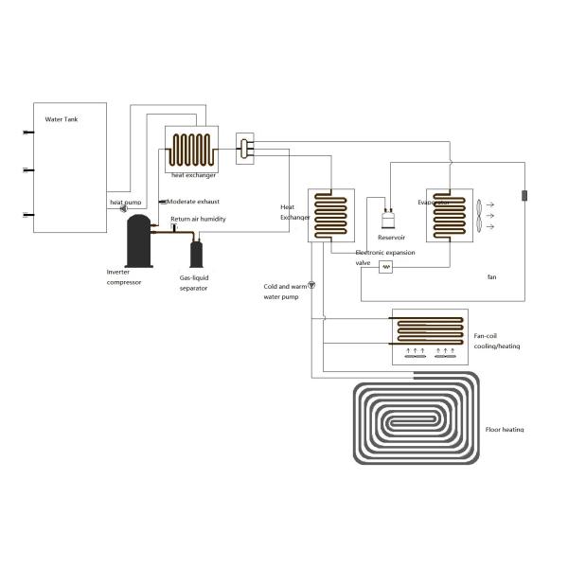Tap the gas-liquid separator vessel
point(197,254)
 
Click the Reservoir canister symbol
point(387,221)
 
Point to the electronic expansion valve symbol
point(385,268)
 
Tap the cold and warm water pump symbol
point(313,285)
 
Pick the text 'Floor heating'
point(504,430)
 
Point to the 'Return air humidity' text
point(198,219)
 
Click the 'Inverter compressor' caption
point(124,276)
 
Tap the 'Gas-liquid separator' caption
point(195,283)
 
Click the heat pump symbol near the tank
point(124,210)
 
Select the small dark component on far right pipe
point(523,196)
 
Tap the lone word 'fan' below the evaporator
point(491,276)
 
